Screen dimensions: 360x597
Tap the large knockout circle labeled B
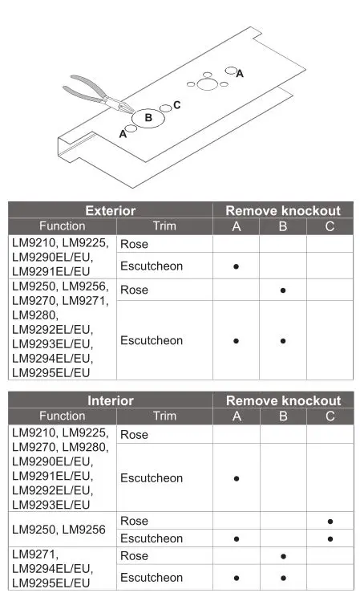[148, 118]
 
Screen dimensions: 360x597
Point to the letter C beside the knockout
[176, 105]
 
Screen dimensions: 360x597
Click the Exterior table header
[111, 211]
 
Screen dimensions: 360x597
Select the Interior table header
[111, 400]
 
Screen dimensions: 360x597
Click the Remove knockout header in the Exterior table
[283, 211]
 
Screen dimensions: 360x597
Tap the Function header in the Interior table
[62, 416]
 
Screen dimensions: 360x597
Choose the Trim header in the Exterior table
[164, 226]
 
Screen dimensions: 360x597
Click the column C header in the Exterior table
[330, 226]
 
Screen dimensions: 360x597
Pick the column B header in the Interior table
[283, 416]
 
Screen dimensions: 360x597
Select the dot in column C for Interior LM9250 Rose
[330, 522]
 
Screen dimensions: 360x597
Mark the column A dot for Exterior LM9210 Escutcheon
[237, 266]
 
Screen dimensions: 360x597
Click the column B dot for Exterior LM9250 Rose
[283, 290]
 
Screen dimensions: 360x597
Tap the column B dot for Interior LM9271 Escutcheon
[283, 578]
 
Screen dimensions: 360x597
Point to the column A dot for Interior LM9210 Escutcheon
[237, 478]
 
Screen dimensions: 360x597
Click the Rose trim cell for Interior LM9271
[134, 556]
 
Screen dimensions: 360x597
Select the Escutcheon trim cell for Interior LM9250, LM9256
[152, 538]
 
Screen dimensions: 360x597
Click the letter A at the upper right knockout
[240, 73]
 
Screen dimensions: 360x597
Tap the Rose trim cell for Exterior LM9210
[134, 244]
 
